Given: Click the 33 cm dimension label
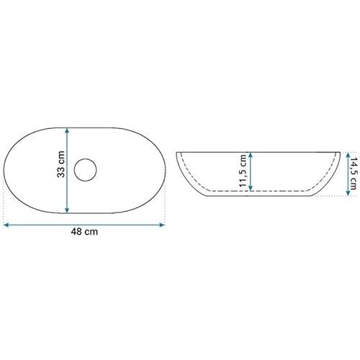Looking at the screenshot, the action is (x=61, y=164).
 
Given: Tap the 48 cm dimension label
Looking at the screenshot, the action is (x=84, y=232).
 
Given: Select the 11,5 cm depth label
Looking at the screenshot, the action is (x=243, y=171).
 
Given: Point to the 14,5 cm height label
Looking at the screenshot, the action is (x=354, y=174).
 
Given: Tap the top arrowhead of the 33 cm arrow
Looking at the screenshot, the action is (x=67, y=130).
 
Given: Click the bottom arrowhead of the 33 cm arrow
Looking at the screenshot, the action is (x=67, y=210).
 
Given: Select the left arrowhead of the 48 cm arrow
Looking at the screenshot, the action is (x=6, y=225).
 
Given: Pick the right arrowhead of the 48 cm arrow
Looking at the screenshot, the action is (x=163, y=225).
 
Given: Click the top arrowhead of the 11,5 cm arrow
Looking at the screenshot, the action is (x=251, y=155).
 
